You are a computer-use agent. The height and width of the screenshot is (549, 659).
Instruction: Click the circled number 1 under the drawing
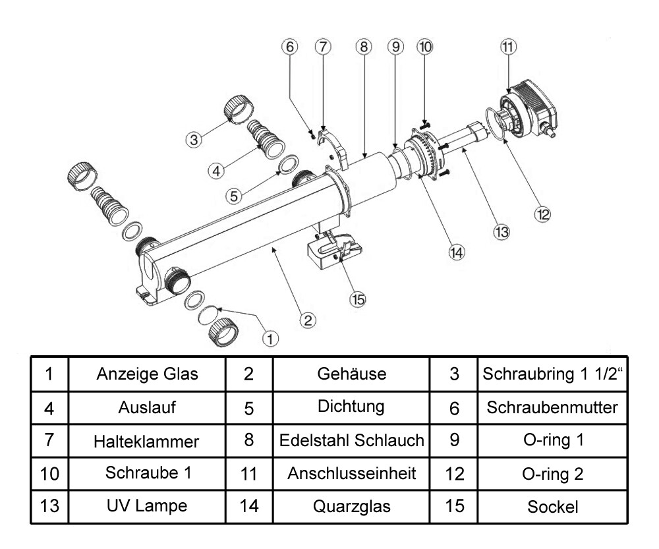click(270, 338)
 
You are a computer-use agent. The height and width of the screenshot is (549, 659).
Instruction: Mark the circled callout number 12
click(542, 214)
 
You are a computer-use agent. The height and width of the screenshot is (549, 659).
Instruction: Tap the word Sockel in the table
click(552, 507)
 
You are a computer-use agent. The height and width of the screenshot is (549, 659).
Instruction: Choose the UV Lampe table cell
click(147, 507)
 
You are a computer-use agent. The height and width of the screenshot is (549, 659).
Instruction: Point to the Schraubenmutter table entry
click(552, 407)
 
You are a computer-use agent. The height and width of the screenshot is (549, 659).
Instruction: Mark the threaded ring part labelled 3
click(235, 109)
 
